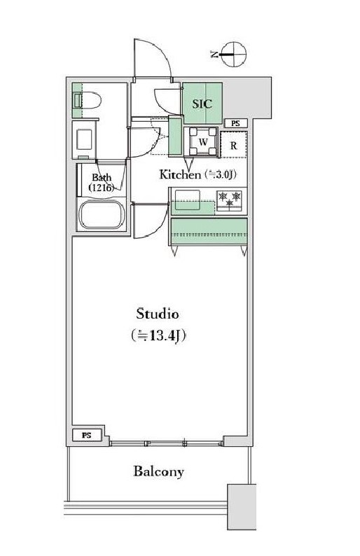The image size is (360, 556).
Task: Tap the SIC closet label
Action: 202,101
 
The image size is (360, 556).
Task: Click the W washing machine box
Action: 202,141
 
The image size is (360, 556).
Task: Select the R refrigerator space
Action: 233,146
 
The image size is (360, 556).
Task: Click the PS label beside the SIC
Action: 235,123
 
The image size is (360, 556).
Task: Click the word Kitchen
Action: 180,174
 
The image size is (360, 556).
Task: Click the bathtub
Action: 102,216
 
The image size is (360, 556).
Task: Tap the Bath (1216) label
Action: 101,183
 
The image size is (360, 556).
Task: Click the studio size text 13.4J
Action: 162,335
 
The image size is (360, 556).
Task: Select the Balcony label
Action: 159,471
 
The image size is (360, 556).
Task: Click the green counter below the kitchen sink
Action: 209,230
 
